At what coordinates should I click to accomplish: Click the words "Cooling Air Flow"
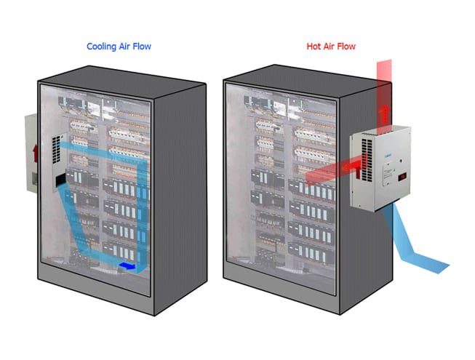pyautogui.click(x=119, y=47)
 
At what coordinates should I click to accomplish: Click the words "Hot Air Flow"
pyautogui.click(x=331, y=47)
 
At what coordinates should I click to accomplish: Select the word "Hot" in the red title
pyautogui.click(x=314, y=47)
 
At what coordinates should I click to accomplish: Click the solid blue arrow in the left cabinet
pyautogui.click(x=128, y=266)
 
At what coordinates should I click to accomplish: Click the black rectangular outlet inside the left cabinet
pyautogui.click(x=61, y=179)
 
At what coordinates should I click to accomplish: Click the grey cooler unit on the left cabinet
pyautogui.click(x=31, y=153)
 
